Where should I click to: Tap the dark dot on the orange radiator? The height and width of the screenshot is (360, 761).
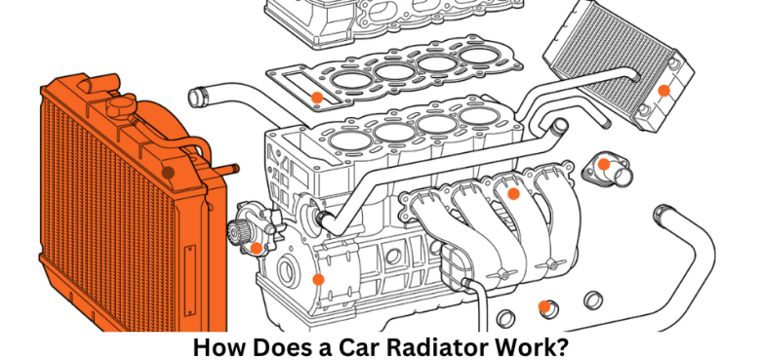168,172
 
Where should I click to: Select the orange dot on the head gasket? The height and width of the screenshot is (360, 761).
317,97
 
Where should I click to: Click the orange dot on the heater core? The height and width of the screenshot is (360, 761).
663,90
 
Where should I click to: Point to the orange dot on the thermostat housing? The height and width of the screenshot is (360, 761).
605,164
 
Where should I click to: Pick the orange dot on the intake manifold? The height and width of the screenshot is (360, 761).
513,193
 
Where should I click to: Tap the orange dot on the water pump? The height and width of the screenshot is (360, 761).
256,248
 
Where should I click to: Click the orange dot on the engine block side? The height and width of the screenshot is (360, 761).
317,279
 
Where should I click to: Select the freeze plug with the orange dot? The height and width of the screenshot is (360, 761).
544,306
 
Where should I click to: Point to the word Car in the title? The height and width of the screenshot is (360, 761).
349,345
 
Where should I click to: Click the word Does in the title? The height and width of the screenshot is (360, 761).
277,345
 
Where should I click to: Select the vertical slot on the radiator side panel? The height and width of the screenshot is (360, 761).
187,272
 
